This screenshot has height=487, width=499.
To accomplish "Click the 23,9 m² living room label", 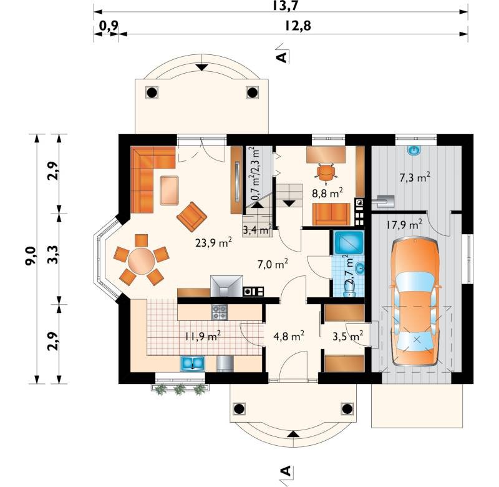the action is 213,243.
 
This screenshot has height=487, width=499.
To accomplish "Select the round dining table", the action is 142,261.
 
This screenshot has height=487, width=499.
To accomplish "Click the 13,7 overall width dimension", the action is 286,6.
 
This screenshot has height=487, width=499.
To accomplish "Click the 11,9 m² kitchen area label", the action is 203,336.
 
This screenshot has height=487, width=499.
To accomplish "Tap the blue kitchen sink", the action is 193,363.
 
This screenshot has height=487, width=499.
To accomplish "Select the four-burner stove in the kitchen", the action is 220,312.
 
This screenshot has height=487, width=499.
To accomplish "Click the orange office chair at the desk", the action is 326,173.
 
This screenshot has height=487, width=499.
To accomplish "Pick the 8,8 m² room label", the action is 327,193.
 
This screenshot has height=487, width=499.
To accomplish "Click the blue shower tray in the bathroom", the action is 349,242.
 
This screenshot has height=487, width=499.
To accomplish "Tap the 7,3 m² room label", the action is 415,177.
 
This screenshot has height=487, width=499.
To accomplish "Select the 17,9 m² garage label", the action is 404,225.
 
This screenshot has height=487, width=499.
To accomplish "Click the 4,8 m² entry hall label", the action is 289,335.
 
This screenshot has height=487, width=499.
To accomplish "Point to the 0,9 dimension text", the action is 109,26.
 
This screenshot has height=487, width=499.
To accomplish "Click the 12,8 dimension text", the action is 298,26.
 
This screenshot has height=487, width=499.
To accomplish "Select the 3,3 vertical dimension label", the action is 53,255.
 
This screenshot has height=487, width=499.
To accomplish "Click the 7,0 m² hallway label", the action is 273,264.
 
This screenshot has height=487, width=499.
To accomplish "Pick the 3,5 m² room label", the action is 348,336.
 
